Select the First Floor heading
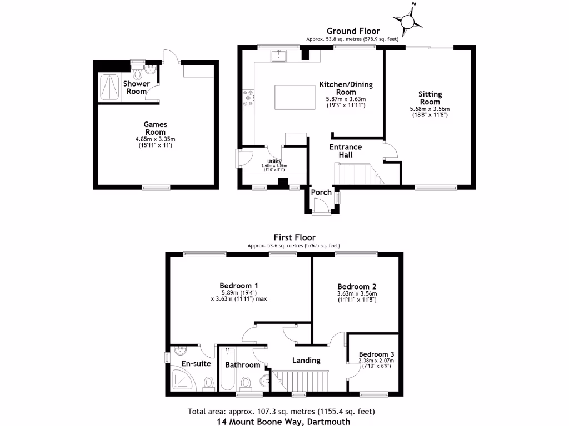tap(294, 237)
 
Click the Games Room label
tap(156, 129)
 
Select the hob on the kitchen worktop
tap(247, 98)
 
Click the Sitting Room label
tap(429, 98)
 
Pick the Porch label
tap(321, 192)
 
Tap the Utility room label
tap(273, 161)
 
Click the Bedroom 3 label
tap(376, 354)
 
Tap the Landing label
tap(306, 360)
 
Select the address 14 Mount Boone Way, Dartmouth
tap(283, 421)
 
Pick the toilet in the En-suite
tap(209, 383)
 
